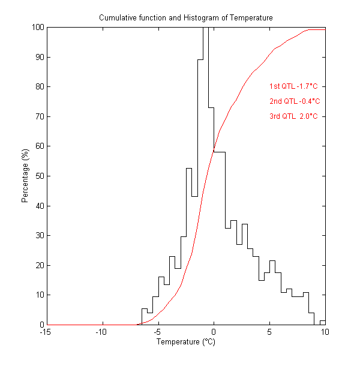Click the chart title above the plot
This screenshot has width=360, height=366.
(x=185, y=18)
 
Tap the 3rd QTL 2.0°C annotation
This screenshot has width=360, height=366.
(x=293, y=116)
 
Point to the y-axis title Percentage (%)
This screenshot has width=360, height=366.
(x=25, y=176)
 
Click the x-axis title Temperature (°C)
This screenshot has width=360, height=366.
(x=185, y=342)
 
